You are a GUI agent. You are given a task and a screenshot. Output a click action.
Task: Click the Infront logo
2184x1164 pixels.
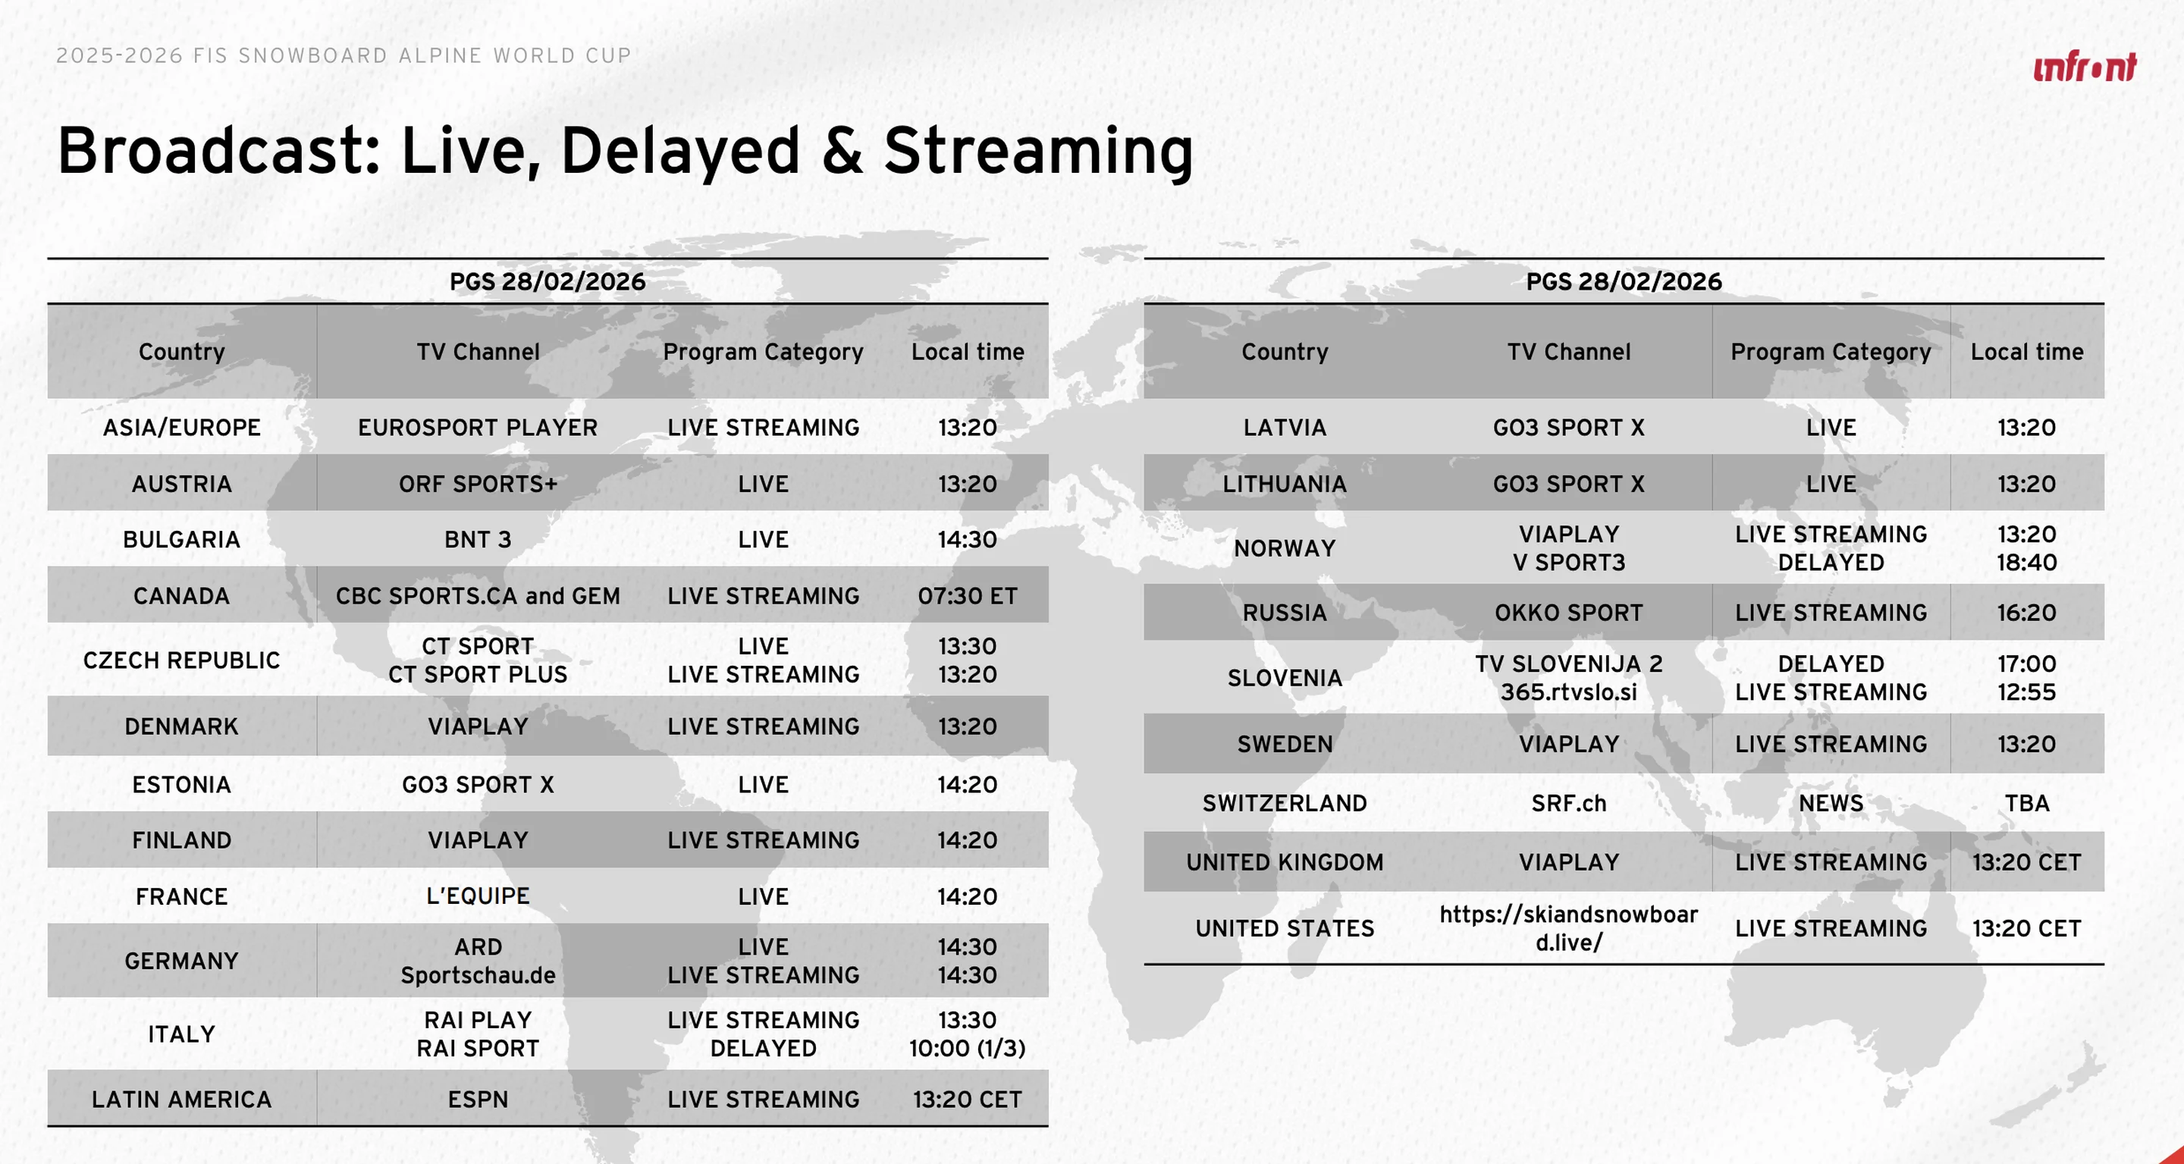tap(2085, 66)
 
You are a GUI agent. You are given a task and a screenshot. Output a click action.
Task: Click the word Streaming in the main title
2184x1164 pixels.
tap(1039, 151)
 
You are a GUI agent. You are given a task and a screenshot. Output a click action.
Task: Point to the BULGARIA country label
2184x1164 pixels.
tap(181, 540)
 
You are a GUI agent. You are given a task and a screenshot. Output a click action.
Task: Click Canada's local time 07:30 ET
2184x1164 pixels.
tap(968, 596)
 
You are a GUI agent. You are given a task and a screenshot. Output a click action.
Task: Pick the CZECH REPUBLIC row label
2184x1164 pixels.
tap(181, 660)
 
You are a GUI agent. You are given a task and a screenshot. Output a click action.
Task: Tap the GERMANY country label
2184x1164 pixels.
tap(181, 962)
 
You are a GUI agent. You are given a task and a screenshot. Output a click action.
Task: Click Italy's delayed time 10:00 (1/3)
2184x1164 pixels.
tap(968, 1049)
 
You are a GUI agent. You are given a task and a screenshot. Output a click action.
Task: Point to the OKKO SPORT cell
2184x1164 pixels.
tap(1568, 613)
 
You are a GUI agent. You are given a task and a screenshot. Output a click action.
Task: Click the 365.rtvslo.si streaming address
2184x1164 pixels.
tap(1568, 692)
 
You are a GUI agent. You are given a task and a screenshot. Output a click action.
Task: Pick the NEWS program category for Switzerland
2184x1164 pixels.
tap(1831, 804)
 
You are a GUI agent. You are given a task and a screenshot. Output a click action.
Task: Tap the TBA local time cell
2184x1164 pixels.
tap(2026, 804)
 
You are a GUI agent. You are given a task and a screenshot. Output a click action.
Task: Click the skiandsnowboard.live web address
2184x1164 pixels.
tap(1568, 928)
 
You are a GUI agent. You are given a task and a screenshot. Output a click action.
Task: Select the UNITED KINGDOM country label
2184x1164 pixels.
tap(1285, 862)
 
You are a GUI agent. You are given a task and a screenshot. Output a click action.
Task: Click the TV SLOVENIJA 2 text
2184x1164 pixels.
tap(1568, 664)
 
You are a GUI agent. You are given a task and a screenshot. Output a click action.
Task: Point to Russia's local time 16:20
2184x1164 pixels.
tap(2026, 613)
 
